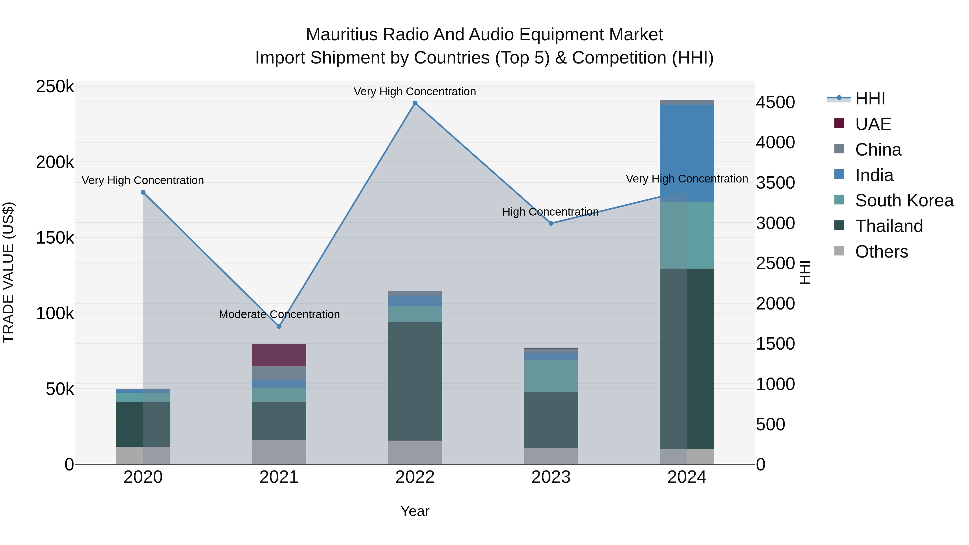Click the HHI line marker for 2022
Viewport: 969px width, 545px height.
pos(415,103)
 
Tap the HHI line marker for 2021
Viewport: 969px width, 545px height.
pos(279,326)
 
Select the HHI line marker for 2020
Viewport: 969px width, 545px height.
pos(143,192)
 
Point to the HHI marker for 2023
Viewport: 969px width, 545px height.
pos(551,223)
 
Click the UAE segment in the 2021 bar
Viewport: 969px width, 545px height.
pos(279,355)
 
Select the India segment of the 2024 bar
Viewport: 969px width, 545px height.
pos(687,153)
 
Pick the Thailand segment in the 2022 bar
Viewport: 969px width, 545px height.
pos(415,381)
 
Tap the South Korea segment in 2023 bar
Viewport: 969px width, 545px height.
pos(551,376)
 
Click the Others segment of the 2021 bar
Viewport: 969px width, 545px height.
pos(279,452)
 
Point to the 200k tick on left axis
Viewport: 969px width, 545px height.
pos(55,163)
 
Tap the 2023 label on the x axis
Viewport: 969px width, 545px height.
pos(551,477)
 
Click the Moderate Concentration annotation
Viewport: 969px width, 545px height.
pos(279,314)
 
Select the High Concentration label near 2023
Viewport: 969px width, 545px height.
pos(550,212)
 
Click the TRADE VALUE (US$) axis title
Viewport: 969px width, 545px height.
pos(8,272)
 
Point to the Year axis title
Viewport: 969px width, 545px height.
pos(415,511)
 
